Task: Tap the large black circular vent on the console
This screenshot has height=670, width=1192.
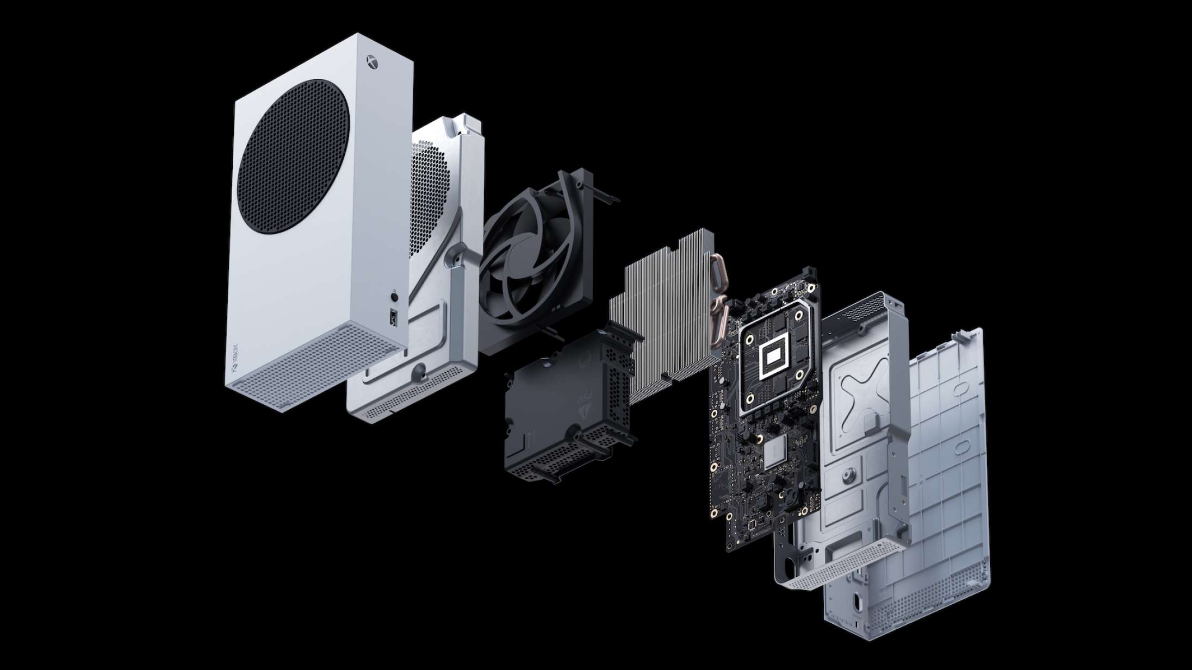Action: click(293, 157)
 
